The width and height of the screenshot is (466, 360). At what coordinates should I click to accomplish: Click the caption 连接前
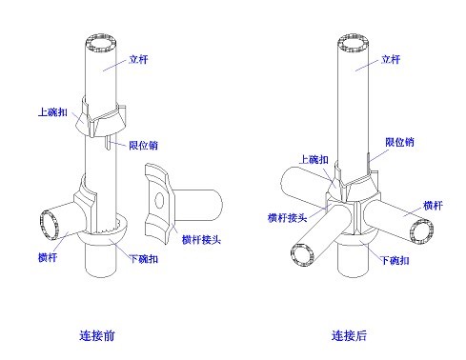pos(99,335)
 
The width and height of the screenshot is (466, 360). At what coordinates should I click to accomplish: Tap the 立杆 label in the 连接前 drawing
pos(138,61)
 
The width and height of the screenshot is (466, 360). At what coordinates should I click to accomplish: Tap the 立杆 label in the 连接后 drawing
pos(392,59)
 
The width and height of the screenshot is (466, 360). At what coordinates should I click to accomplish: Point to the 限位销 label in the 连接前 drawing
pos(144,146)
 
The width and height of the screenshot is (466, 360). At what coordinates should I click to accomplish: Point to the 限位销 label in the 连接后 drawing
pos(399,142)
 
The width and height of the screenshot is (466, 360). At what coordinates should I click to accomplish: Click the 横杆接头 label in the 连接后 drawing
pos(287,218)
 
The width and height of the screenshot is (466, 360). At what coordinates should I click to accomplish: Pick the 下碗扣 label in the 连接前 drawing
pos(144,259)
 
